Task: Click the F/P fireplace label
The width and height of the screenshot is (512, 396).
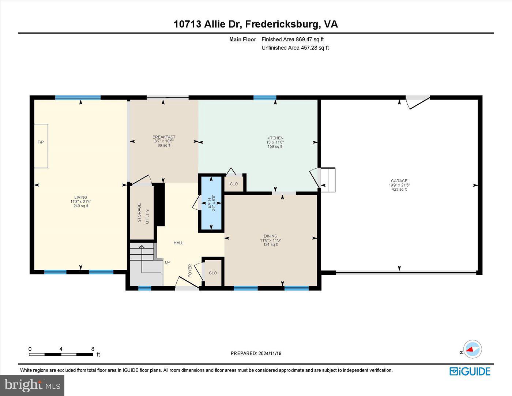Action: (x=41, y=142)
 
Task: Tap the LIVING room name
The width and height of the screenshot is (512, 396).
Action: (x=81, y=197)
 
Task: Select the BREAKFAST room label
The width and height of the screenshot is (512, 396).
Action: (x=164, y=137)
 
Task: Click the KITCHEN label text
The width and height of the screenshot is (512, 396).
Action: (x=275, y=138)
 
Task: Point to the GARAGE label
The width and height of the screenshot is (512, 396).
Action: (x=399, y=181)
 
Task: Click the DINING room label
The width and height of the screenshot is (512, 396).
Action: (x=271, y=236)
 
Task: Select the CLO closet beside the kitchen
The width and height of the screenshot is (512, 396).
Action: (x=234, y=184)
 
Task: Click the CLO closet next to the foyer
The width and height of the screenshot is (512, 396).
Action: (x=213, y=273)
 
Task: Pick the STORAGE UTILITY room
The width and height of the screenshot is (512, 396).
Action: (x=143, y=213)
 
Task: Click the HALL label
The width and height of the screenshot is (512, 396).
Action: (x=178, y=243)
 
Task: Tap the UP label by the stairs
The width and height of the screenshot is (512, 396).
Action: (x=167, y=262)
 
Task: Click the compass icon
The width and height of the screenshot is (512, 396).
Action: (x=473, y=349)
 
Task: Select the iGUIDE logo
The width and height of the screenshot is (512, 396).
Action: (x=470, y=371)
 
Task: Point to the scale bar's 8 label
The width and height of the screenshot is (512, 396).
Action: (x=93, y=349)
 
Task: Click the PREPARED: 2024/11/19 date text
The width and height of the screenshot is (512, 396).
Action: (x=256, y=353)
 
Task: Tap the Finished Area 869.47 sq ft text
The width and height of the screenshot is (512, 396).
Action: (x=293, y=40)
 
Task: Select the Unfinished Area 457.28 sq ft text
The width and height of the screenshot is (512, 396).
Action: (x=295, y=48)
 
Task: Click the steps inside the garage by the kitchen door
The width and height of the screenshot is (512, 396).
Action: (x=328, y=180)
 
